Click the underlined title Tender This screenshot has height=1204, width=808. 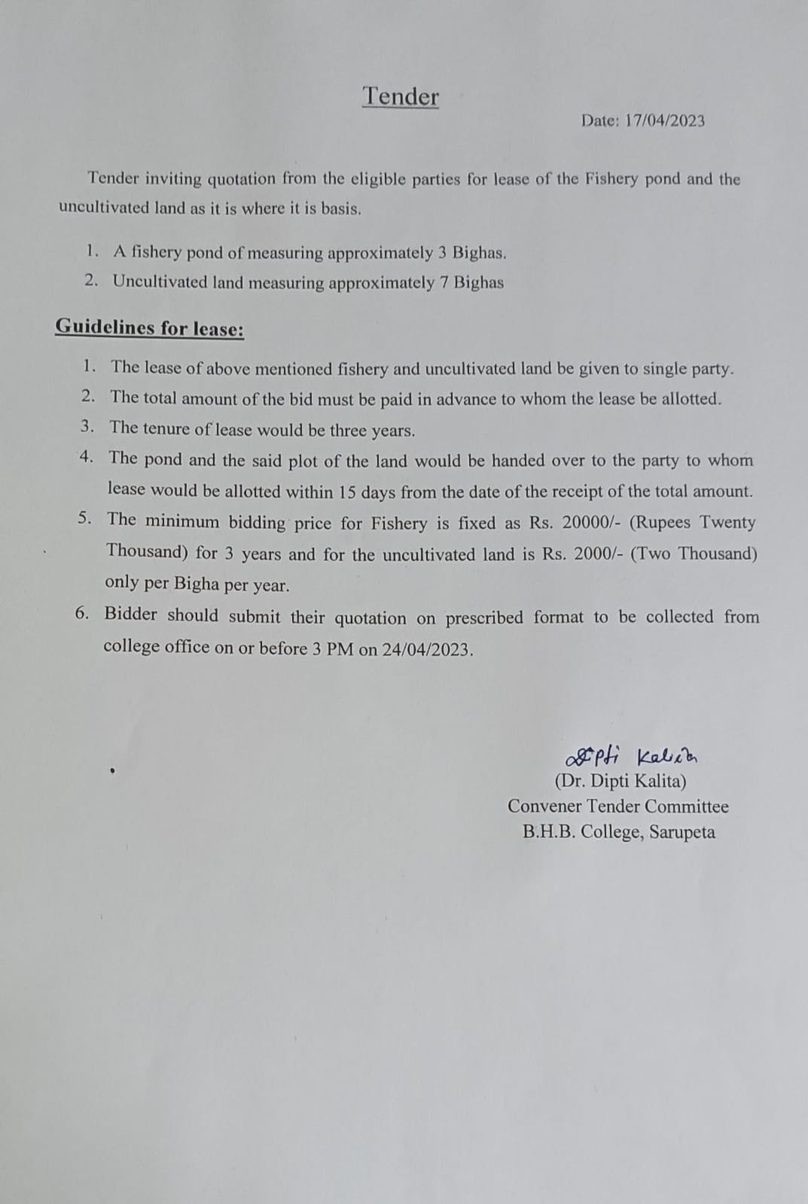[x=401, y=96]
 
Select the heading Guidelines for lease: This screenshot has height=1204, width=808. [x=149, y=328]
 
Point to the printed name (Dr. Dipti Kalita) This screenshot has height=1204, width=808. [x=620, y=781]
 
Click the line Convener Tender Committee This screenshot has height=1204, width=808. [x=617, y=807]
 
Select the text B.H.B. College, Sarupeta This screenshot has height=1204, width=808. [x=618, y=832]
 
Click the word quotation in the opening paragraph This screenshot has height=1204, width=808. [x=242, y=179]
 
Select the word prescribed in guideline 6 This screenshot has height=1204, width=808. [x=483, y=618]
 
